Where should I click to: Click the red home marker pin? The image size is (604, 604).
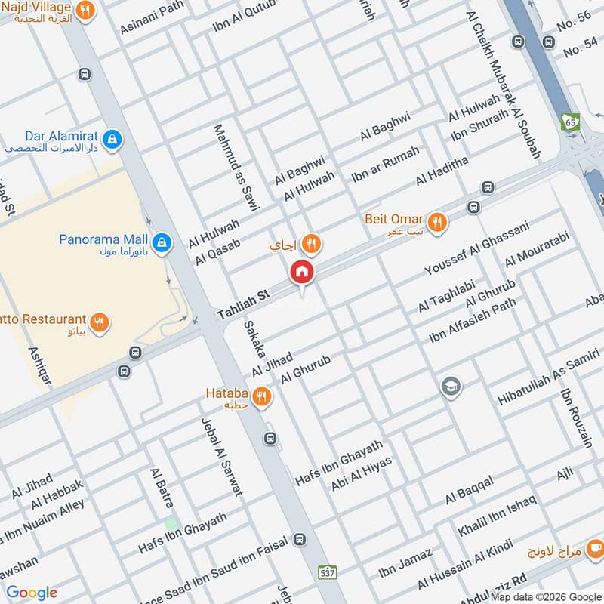point(302,272)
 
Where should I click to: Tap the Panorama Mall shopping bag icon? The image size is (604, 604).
point(160,243)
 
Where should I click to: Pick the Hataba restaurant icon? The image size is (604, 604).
point(262,396)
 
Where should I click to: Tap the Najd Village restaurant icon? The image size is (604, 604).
point(87,11)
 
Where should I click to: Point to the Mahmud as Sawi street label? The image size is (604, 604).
point(236,168)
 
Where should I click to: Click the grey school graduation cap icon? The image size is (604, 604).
point(451,387)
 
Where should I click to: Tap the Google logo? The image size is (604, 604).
point(32,593)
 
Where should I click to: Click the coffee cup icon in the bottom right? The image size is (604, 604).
point(595,548)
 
